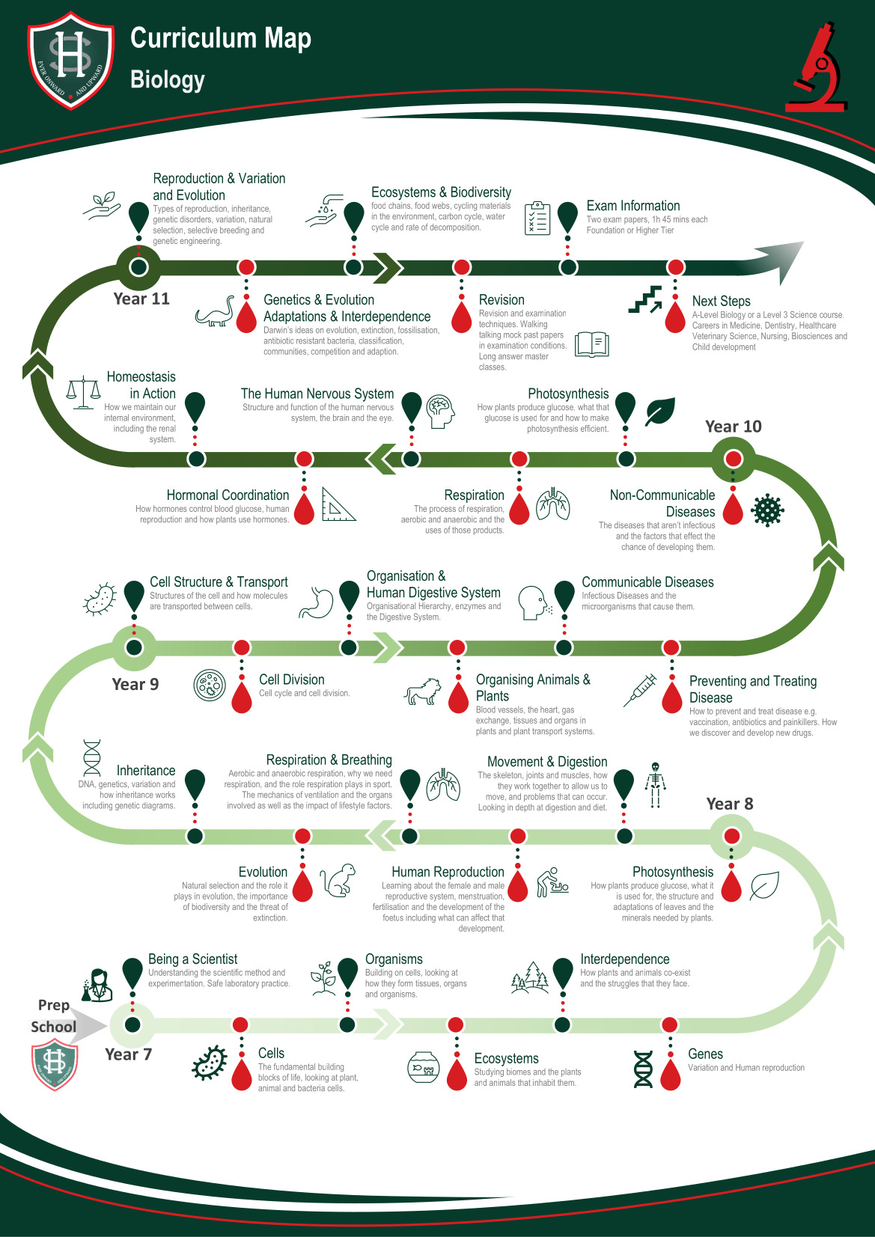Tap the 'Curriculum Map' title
(x=220, y=39)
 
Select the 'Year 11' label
(x=141, y=299)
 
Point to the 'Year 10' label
(x=733, y=427)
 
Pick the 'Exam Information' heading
(x=633, y=206)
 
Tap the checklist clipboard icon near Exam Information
(x=537, y=218)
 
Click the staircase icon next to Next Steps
(x=645, y=299)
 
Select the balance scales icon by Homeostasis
(x=83, y=393)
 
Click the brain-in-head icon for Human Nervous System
(x=440, y=411)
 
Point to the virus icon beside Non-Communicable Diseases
(x=767, y=510)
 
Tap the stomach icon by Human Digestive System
(x=316, y=602)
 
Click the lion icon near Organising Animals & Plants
(x=423, y=691)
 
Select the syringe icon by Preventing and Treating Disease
(x=640, y=690)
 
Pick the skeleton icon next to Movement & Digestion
(x=655, y=785)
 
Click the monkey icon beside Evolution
(x=338, y=880)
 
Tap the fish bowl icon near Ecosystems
(x=423, y=1067)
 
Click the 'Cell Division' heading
(x=292, y=679)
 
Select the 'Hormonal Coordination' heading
(x=228, y=495)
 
